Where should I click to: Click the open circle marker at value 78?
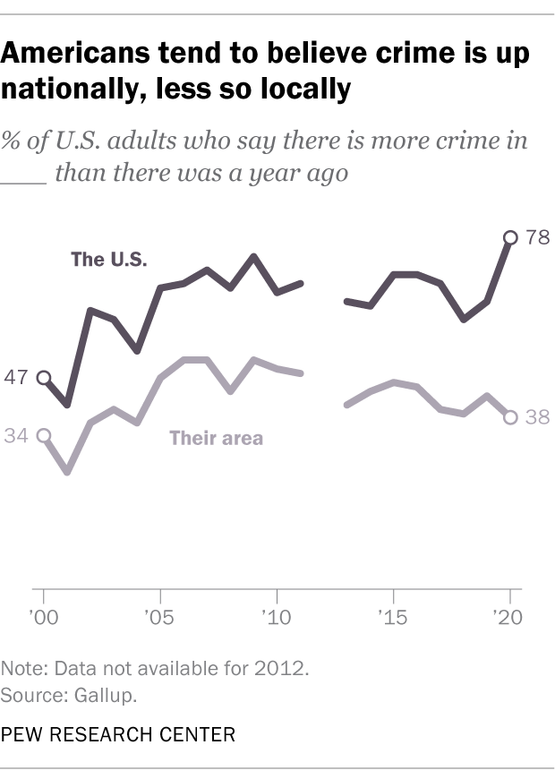pos(510,237)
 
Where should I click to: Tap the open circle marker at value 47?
pos(44,378)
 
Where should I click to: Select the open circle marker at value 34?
pos(44,435)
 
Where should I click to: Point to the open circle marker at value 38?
pos(510,417)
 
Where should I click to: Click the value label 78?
pos(536,237)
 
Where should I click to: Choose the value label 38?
pos(536,417)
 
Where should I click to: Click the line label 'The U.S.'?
pos(109,261)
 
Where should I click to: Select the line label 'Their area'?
pos(216,438)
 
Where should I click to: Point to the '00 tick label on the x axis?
pos(43,619)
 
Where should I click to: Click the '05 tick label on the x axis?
pos(159,619)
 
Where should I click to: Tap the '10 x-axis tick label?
pos(276,619)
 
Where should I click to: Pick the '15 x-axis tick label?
pos(392,619)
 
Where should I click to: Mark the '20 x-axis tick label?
pos(508,619)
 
